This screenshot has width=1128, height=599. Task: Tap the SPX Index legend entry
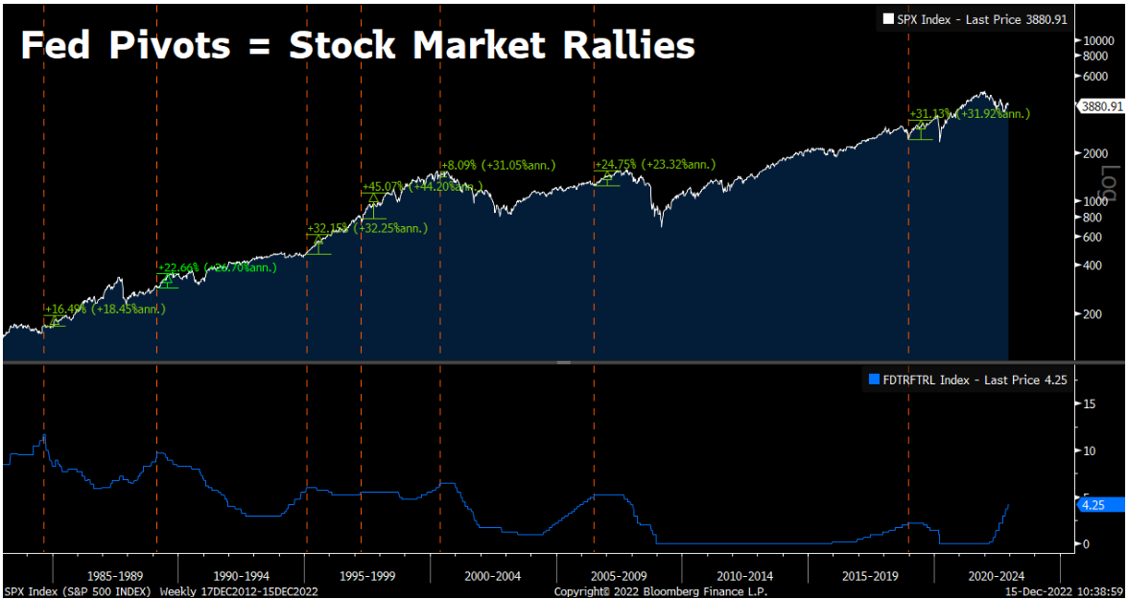[974, 19]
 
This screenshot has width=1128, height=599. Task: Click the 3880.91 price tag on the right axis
[1101, 107]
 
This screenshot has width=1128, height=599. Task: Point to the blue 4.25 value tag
[1094, 505]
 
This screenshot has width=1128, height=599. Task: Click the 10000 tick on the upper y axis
[1097, 40]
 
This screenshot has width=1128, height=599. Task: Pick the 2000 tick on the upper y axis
[1093, 153]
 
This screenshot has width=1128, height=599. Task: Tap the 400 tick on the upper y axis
[1091, 265]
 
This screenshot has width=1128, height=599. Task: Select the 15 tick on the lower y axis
[1090, 403]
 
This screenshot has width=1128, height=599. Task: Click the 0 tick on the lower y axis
[1087, 543]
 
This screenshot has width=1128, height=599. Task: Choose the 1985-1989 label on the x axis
[115, 576]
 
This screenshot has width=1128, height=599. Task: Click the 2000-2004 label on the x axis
[492, 576]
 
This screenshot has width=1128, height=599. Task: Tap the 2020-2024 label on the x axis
[996, 576]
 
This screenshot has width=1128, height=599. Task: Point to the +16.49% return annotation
[66, 310]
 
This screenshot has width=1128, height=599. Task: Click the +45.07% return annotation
[384, 187]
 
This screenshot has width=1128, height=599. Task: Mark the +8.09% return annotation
[460, 165]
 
